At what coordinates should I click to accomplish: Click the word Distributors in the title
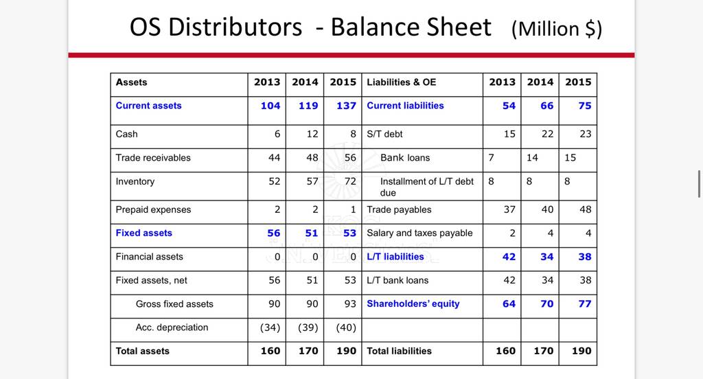235,27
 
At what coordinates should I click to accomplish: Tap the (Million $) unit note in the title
556,29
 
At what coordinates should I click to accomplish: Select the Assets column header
131,82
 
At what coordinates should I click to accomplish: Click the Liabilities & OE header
401,82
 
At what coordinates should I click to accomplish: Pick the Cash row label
126,134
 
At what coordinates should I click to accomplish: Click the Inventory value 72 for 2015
350,181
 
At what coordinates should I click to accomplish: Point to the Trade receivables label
153,158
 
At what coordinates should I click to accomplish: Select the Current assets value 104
270,106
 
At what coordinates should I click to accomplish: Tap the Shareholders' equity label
413,303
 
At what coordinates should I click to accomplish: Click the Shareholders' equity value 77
585,303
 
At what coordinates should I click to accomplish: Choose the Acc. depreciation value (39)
308,328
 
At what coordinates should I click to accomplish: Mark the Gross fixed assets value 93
350,303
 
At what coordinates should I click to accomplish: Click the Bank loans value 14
532,158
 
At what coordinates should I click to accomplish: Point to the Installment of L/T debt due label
427,187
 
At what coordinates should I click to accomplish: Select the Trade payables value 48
585,209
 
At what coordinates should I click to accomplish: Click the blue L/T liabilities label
395,257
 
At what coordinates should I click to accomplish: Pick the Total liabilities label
399,351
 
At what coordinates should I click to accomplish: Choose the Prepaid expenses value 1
354,209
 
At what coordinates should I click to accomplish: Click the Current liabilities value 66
546,106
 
